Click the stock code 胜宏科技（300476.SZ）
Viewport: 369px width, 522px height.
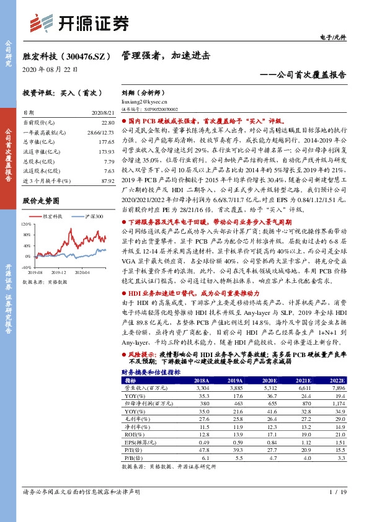[66, 55]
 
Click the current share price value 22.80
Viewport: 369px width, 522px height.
[108, 122]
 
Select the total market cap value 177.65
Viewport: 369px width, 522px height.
[107, 141]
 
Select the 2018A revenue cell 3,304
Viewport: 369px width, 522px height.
[201, 387]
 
